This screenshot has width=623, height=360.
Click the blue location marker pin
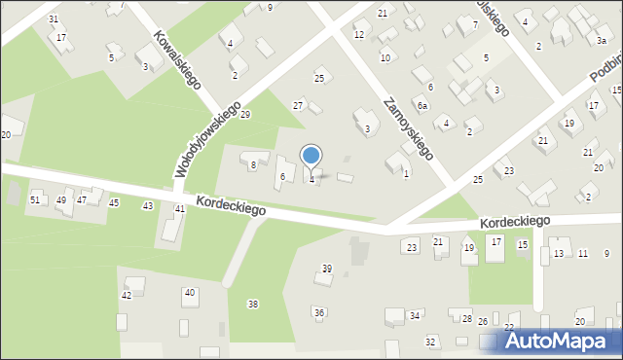[x=311, y=157]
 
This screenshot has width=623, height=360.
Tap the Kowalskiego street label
[x=176, y=59]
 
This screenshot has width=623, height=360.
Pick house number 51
[x=35, y=199]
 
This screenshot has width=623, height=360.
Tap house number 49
[x=61, y=200]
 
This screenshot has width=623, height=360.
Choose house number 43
[x=147, y=206]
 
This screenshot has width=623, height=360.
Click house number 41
[x=179, y=209]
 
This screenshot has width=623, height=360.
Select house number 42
[x=126, y=295]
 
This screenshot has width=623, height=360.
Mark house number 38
[x=253, y=305]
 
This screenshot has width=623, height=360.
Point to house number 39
[x=327, y=269]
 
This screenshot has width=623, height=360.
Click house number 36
[x=318, y=312]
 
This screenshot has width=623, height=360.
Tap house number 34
[x=415, y=316]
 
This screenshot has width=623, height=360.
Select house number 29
[x=245, y=115]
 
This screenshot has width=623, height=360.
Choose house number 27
[x=299, y=105]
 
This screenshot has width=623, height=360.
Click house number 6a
[x=422, y=105]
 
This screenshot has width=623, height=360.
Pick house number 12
[x=359, y=35]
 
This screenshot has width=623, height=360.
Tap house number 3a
[x=602, y=40]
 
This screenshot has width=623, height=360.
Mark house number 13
[x=558, y=254]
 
